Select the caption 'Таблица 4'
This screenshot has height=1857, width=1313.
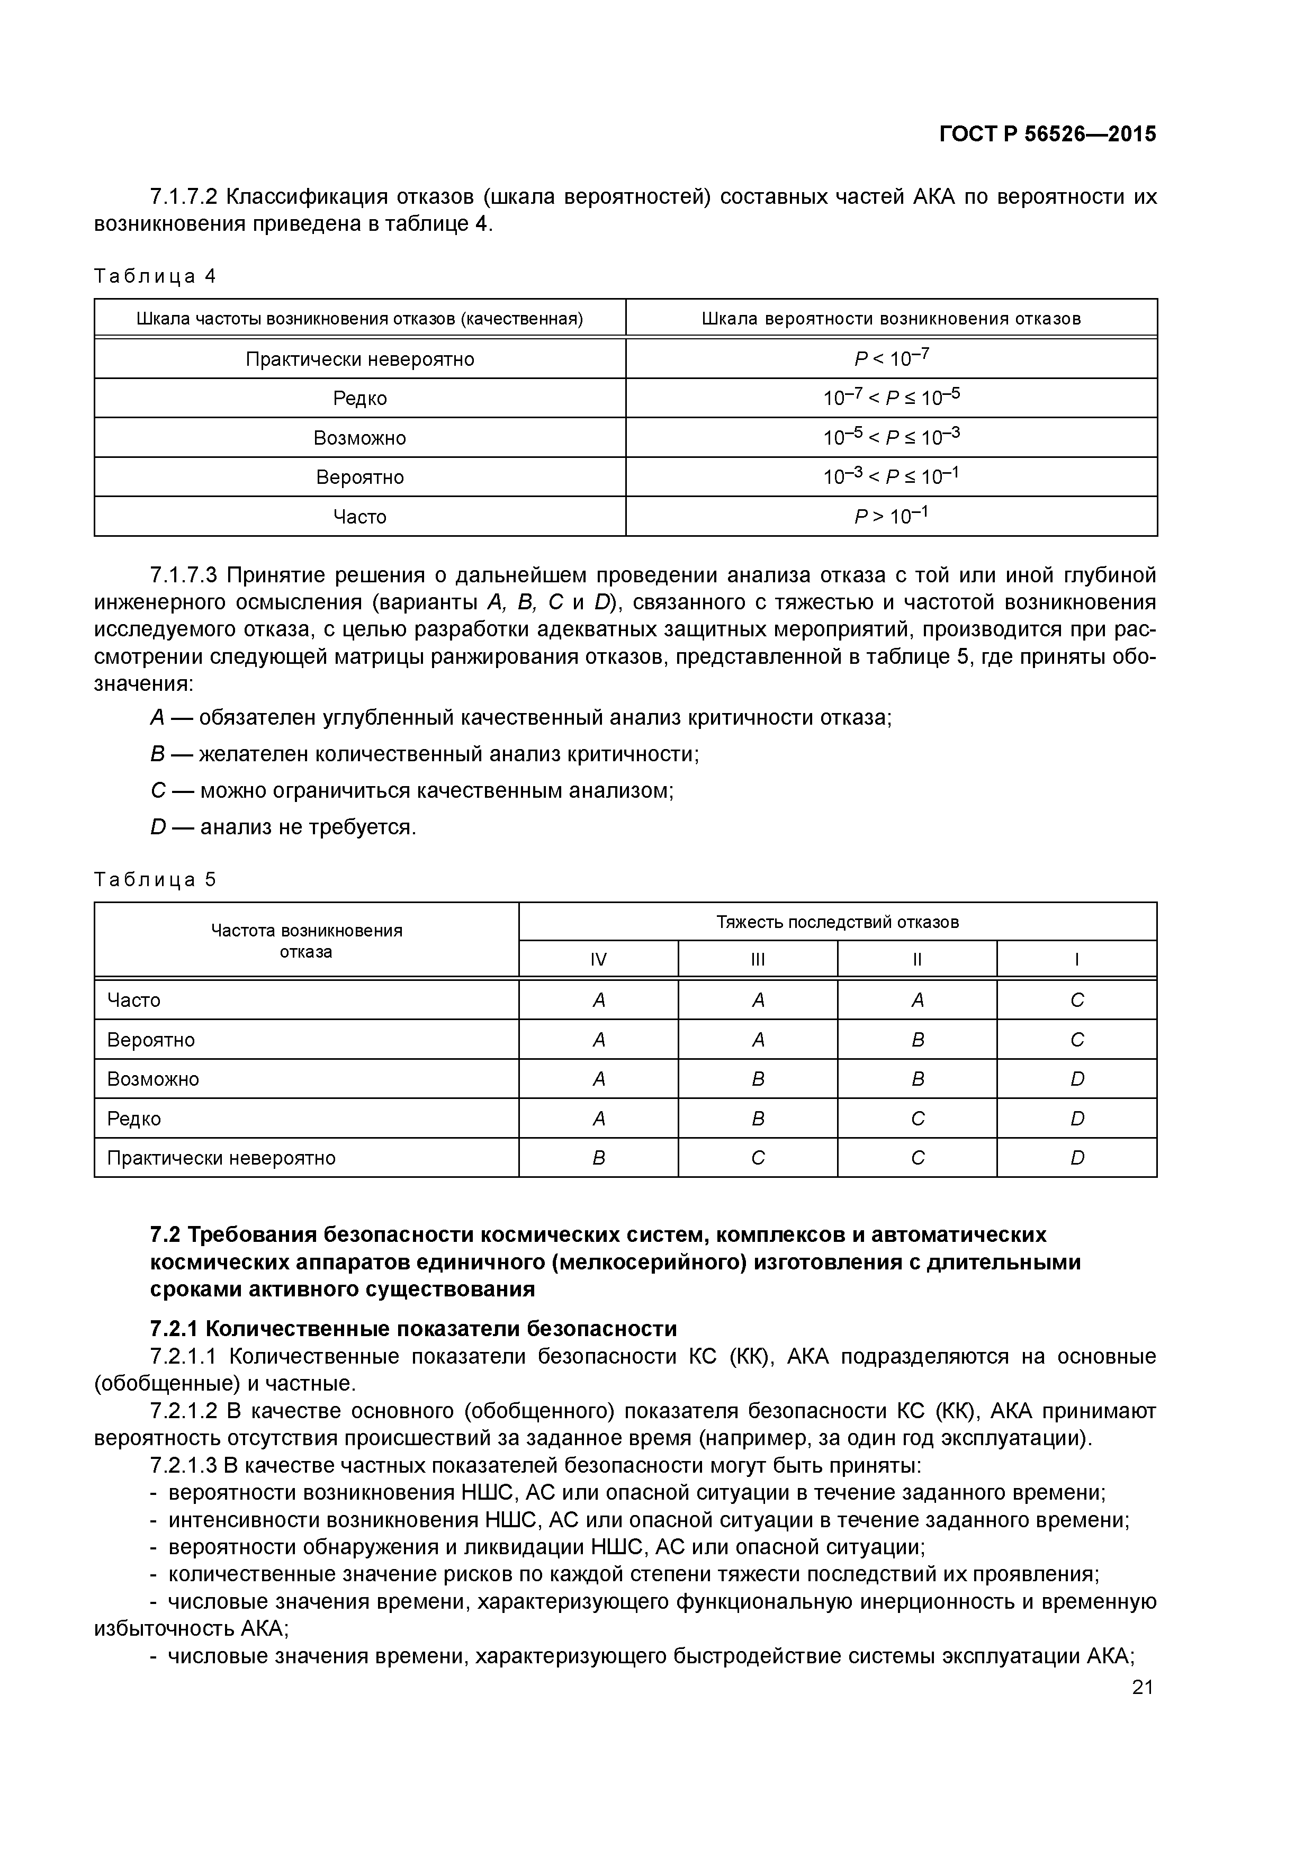pyautogui.click(x=155, y=277)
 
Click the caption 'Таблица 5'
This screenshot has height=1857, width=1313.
pyautogui.click(x=155, y=880)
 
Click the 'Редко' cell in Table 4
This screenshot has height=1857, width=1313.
pyautogui.click(x=360, y=398)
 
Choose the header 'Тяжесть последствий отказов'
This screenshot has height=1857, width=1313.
pyautogui.click(x=838, y=922)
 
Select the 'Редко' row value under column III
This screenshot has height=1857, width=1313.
pyautogui.click(x=758, y=1119)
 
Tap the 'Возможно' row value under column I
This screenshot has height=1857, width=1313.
pyautogui.click(x=1077, y=1079)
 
